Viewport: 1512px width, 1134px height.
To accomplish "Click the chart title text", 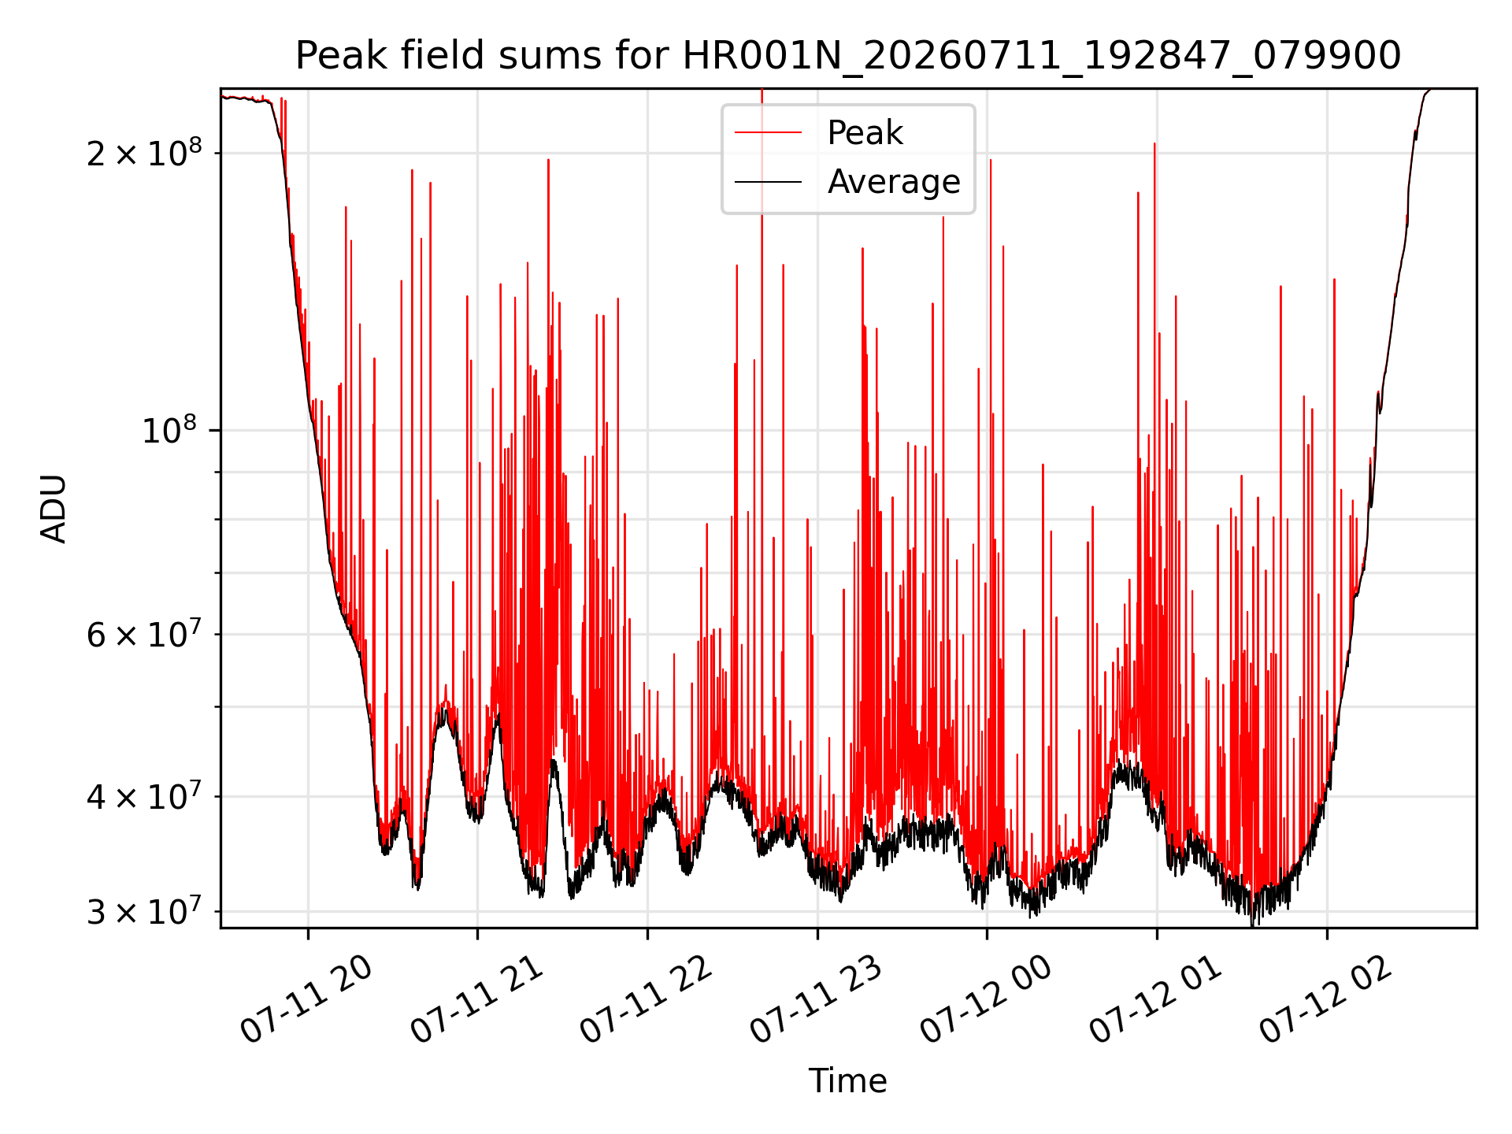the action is pyautogui.click(x=848, y=56).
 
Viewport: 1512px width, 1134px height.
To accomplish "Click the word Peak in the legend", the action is pyautogui.click(x=865, y=133).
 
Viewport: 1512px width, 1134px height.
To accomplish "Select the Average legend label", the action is pyautogui.click(x=894, y=182).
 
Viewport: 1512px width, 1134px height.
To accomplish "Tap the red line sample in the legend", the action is pyautogui.click(x=768, y=133).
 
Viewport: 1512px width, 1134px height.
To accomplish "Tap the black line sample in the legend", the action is pyautogui.click(x=768, y=183).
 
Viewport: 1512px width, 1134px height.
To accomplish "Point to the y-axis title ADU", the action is pyautogui.click(x=54, y=509).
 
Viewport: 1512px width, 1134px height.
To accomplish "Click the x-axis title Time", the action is pyautogui.click(x=848, y=1081).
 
